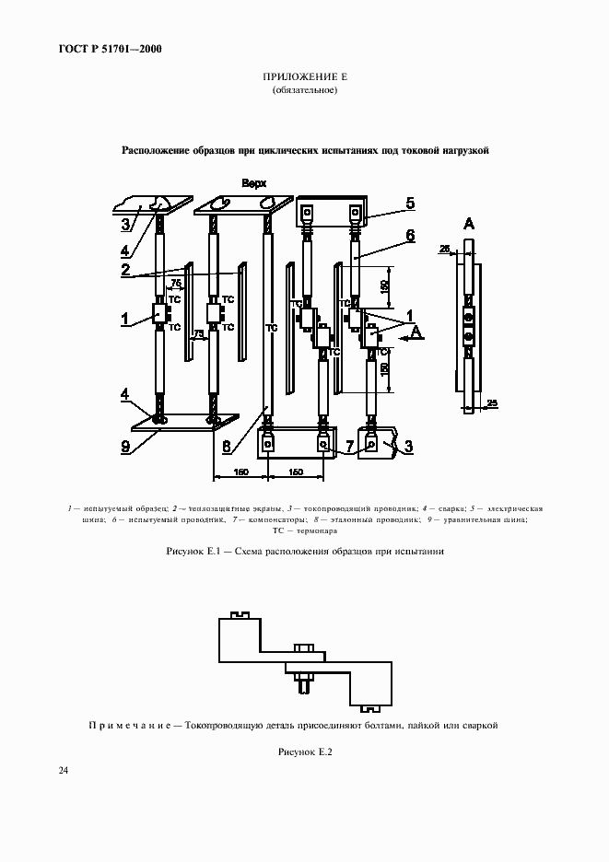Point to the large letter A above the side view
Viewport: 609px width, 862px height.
469,223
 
